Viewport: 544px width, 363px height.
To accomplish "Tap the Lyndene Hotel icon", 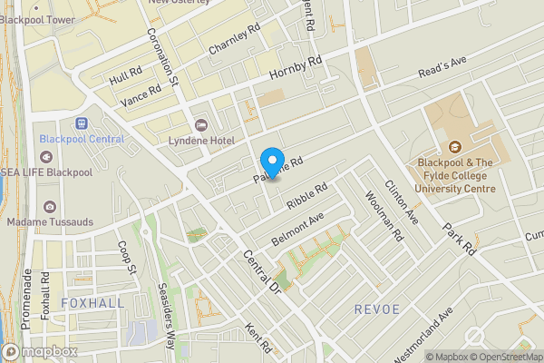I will pos(200,124).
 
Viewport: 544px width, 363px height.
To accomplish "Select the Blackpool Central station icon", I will pos(82,123).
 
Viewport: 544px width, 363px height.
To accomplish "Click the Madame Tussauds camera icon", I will pos(48,207).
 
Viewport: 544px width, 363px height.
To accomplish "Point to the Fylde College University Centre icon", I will pos(456,147).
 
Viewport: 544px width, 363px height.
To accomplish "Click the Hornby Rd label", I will pos(296,71).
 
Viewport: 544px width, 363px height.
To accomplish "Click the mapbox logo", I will pos(40,351).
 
